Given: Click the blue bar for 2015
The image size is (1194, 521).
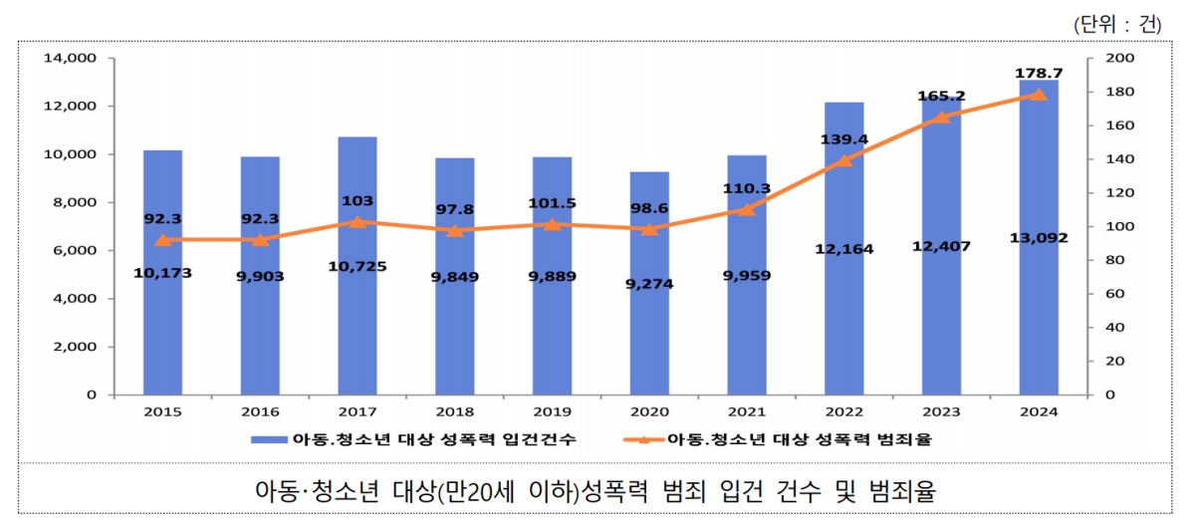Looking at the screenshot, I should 162,319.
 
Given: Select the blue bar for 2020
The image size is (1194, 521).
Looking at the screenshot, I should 649,329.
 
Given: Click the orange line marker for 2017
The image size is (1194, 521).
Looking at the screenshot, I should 358,222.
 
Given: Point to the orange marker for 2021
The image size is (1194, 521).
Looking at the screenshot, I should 747,209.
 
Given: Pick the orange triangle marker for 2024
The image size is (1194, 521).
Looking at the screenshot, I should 1039,95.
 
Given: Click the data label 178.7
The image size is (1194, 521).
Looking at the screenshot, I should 1039,73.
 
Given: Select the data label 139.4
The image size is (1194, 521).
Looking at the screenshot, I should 843,139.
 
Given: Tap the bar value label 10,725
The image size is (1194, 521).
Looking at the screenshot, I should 358,266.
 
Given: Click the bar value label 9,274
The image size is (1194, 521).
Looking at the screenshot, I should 649,283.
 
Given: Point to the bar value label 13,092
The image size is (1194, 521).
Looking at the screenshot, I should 1039,237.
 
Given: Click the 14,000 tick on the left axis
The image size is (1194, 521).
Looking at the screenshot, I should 71,59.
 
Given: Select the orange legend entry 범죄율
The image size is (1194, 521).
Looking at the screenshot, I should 787,438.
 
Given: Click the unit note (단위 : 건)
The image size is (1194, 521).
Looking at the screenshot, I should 1117,24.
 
